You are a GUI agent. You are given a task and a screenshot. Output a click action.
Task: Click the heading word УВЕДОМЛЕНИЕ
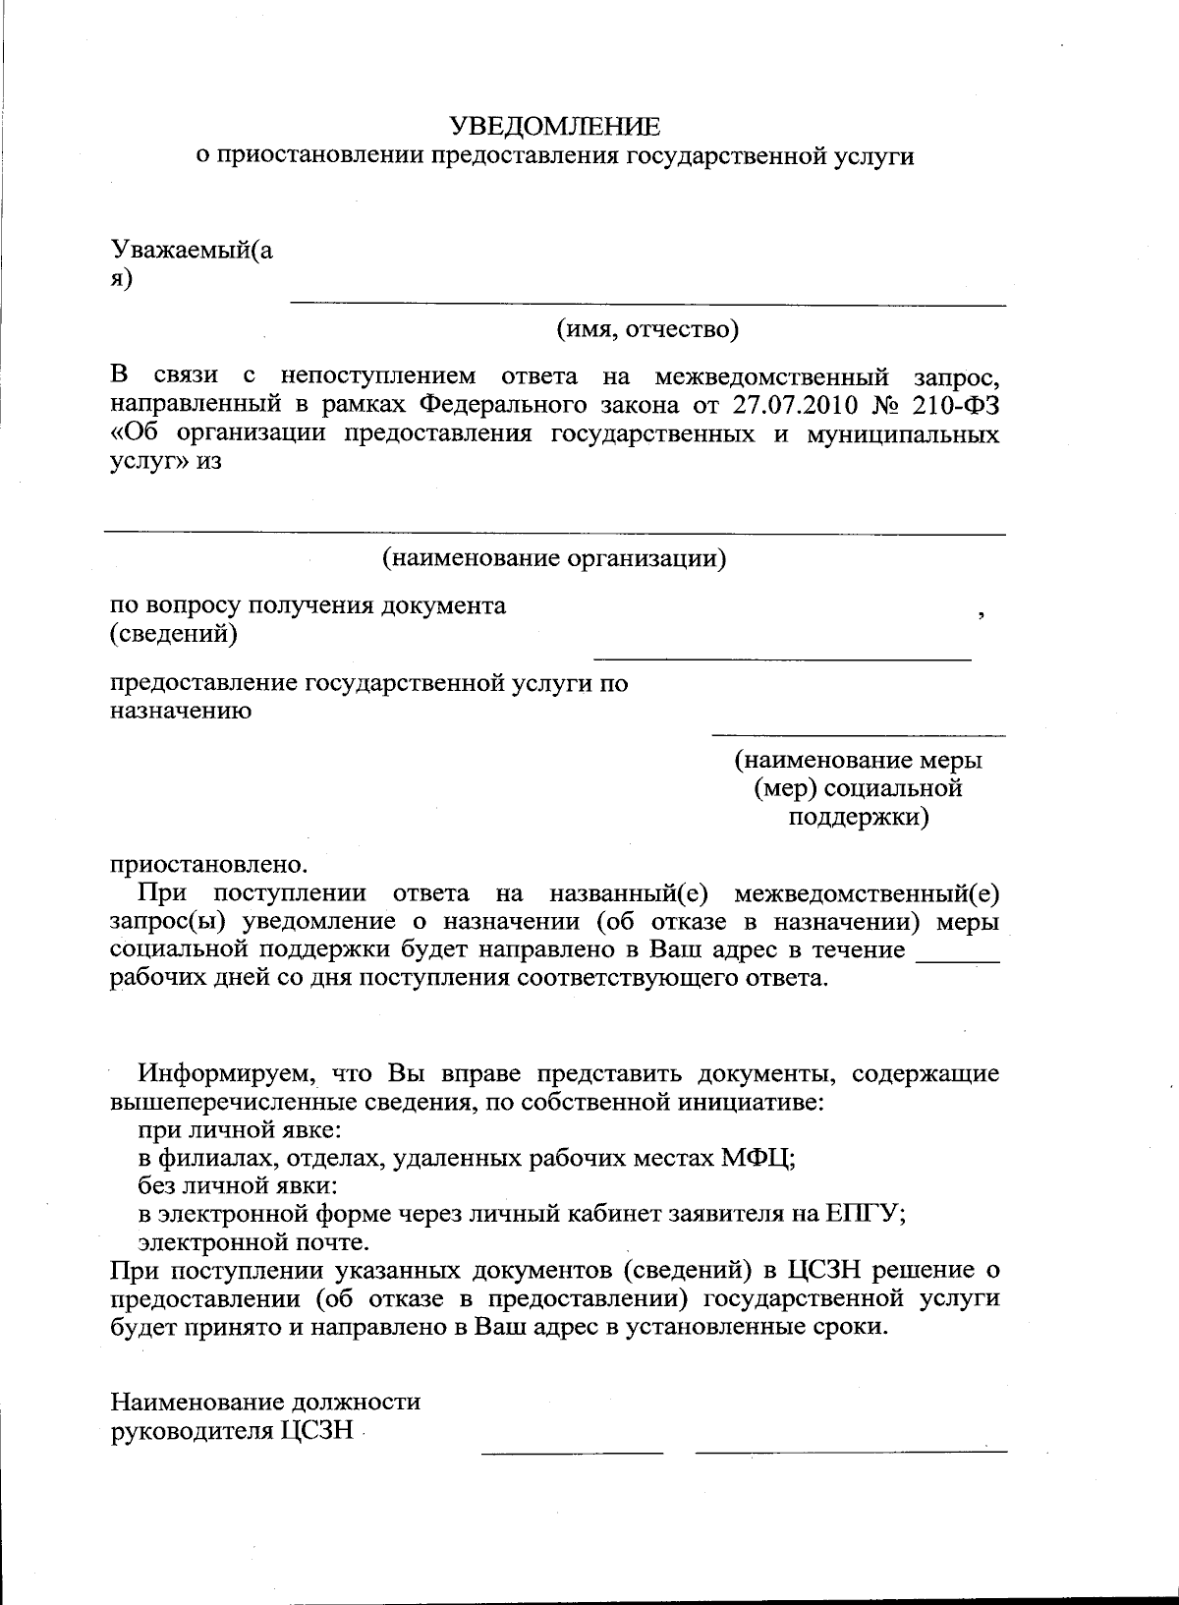click(x=555, y=127)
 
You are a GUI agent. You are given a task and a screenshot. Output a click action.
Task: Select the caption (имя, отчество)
click(x=647, y=329)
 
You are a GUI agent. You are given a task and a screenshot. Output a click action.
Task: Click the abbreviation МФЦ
click(x=758, y=1157)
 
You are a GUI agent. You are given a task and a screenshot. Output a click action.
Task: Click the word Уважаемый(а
click(x=192, y=251)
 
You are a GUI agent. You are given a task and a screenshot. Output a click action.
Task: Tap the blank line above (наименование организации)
click(x=555, y=534)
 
